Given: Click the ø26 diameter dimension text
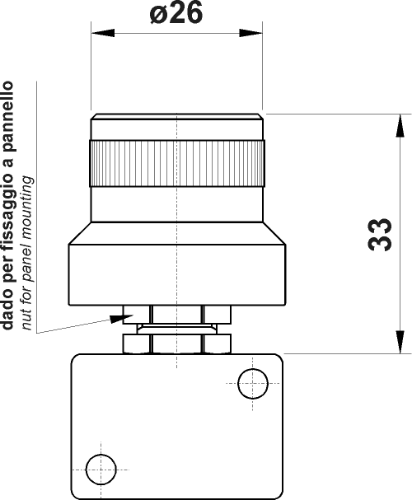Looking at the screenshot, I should pyautogui.click(x=176, y=15).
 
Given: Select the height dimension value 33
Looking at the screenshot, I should pyautogui.click(x=379, y=234).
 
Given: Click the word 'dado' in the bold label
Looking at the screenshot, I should pyautogui.click(x=8, y=312).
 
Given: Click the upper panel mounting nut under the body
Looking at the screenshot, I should pyautogui.click(x=176, y=312).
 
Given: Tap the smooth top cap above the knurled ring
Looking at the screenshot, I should pyautogui.click(x=177, y=126).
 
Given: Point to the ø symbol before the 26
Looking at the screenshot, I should pyautogui.click(x=161, y=16).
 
